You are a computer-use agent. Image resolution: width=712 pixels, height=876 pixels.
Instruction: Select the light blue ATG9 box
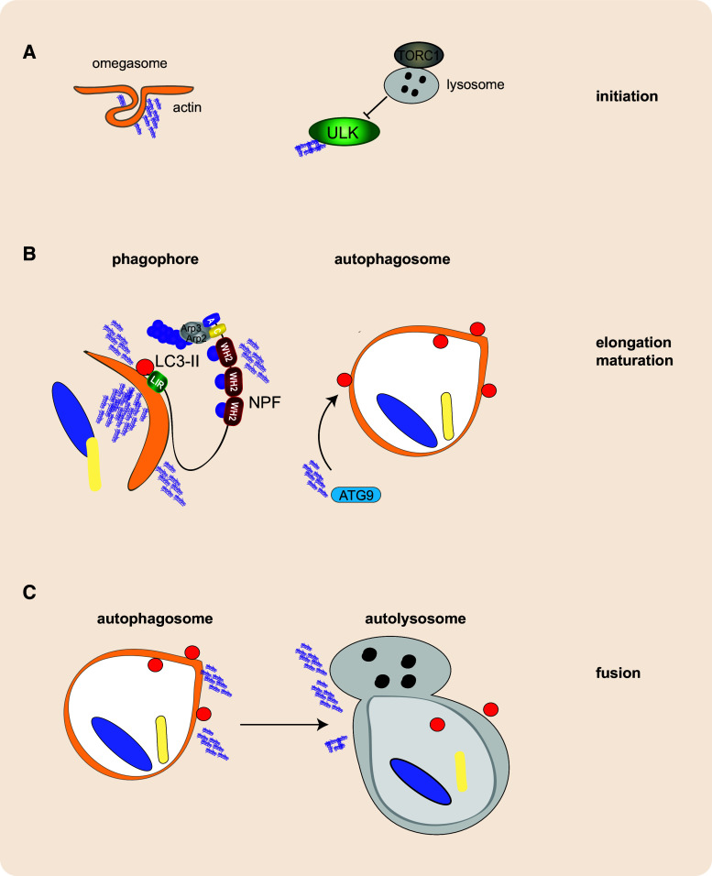coord(356,495)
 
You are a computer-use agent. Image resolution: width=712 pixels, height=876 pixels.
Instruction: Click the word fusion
coord(618,673)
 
